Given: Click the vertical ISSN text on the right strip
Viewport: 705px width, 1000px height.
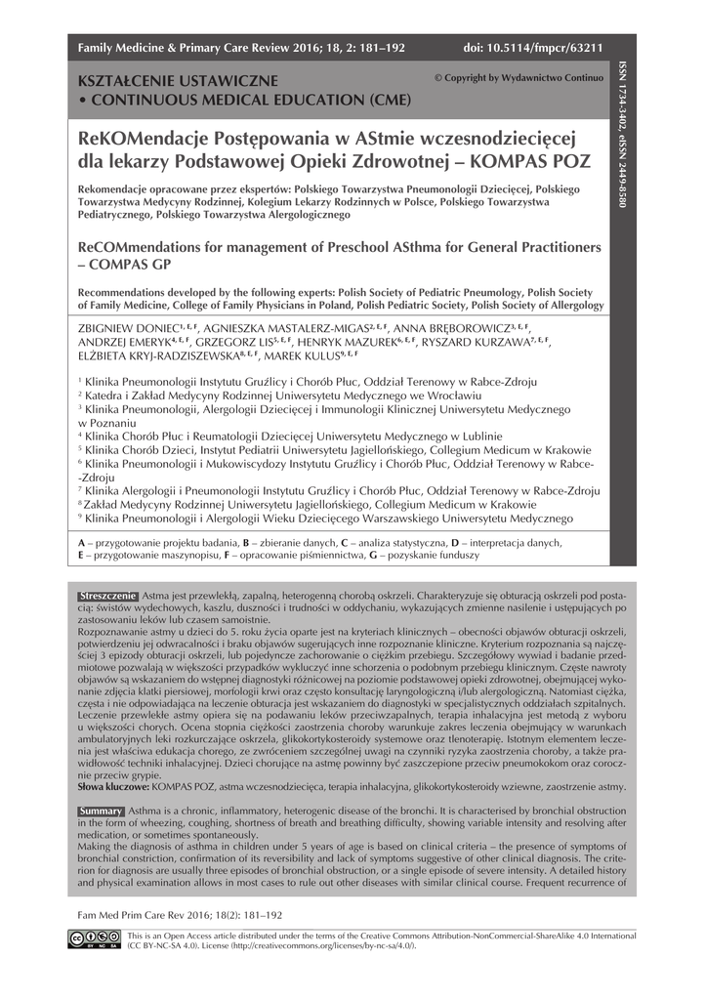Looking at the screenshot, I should [622, 137].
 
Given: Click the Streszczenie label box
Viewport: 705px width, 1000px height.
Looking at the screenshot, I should [107, 595].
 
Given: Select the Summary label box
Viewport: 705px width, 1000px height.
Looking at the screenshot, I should [101, 812].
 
